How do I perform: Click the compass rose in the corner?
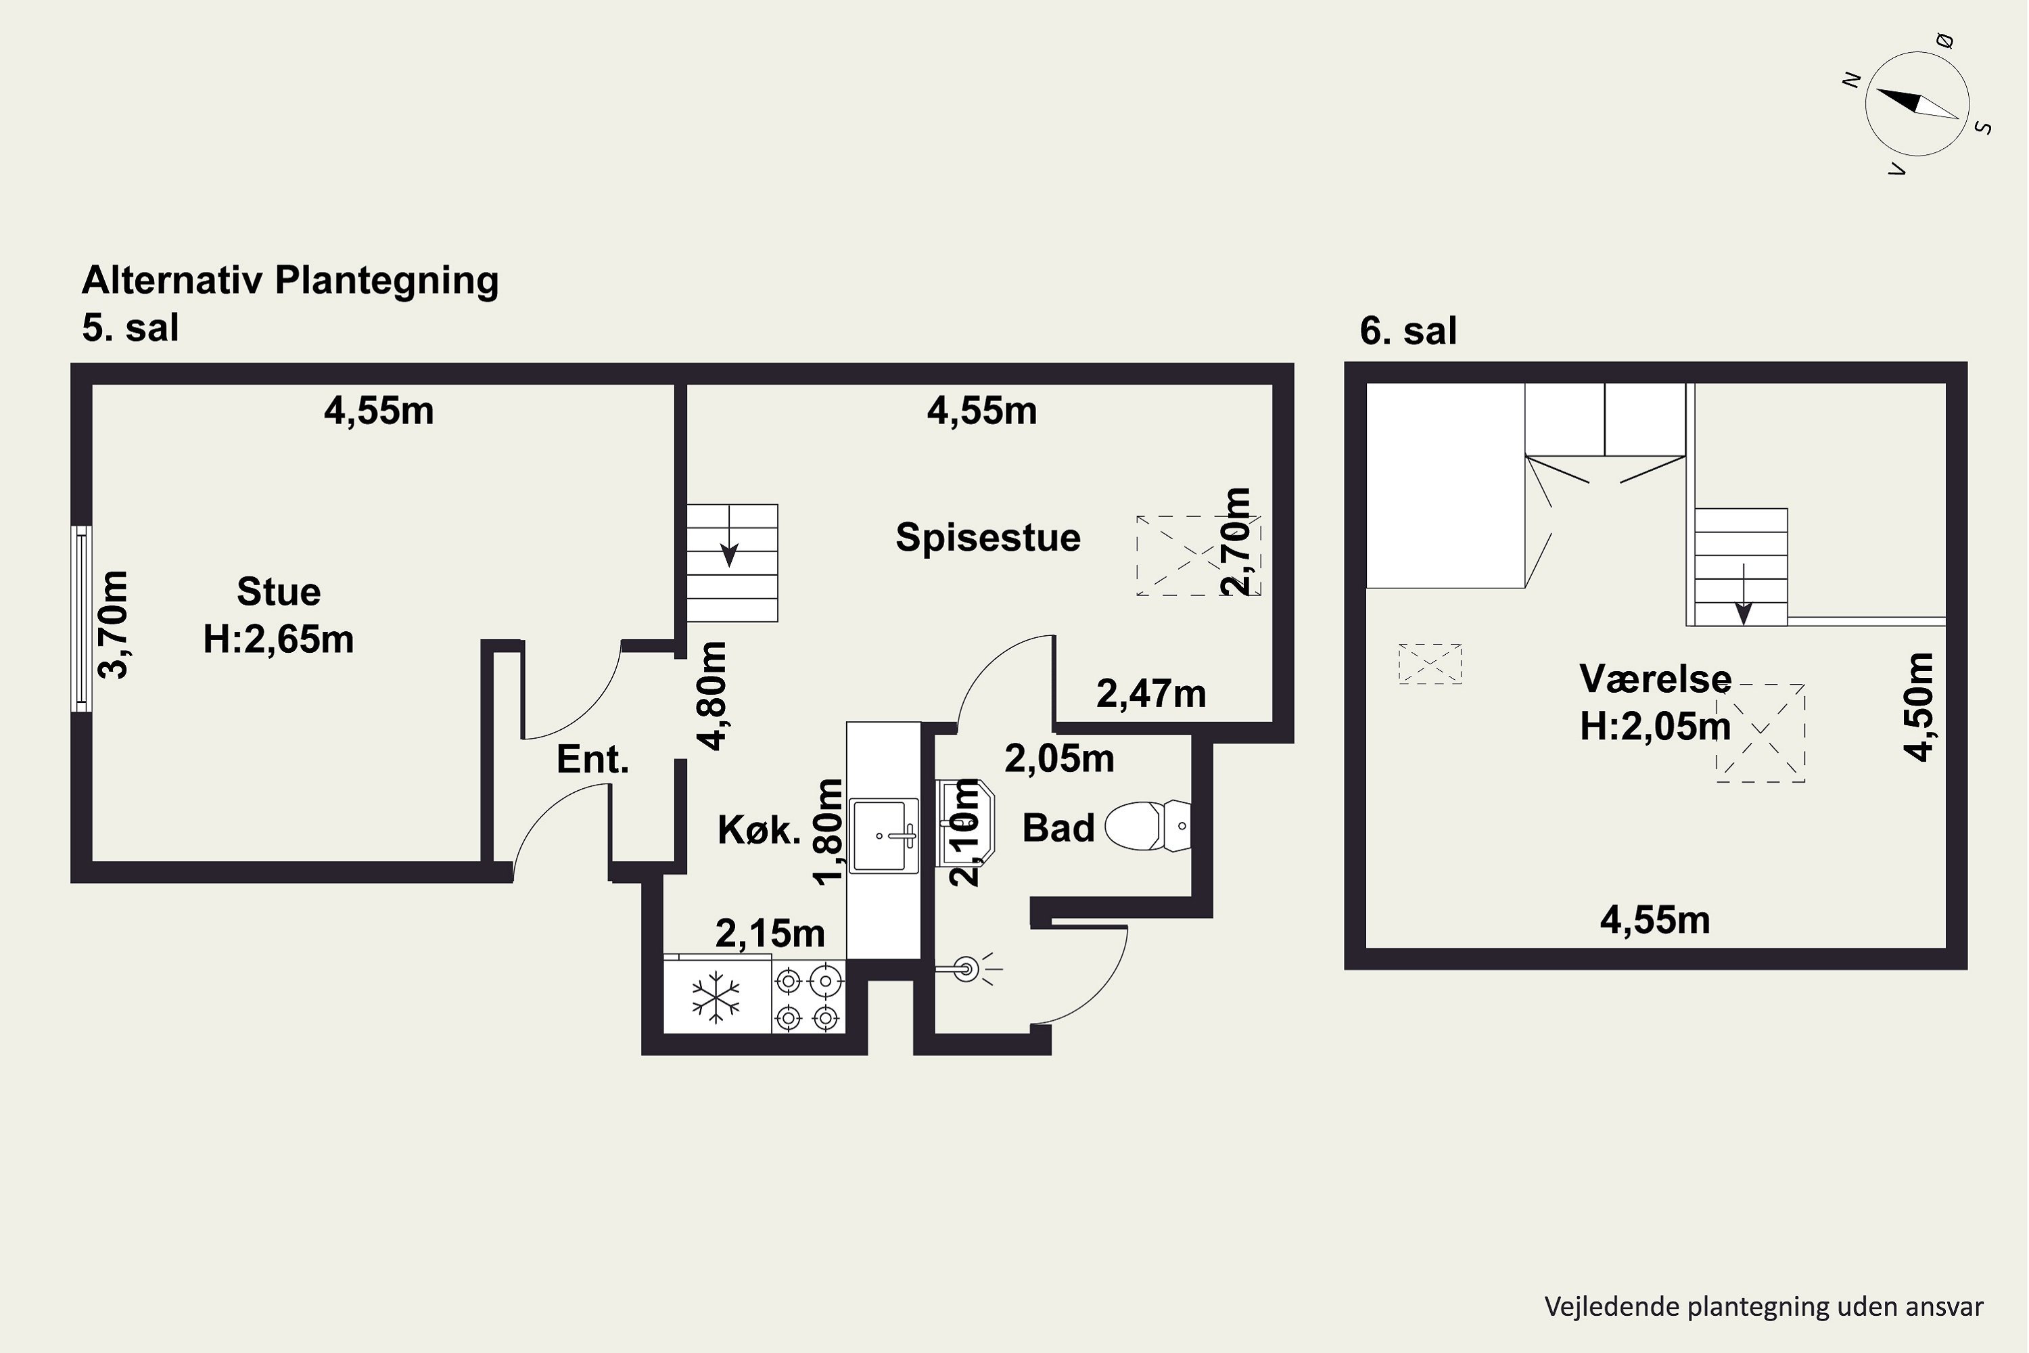[1917, 104]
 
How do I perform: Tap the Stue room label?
[279, 592]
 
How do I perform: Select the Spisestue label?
[987, 538]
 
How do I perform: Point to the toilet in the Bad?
[1147, 826]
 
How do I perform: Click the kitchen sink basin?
[883, 835]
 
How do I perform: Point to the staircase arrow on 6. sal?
[1744, 595]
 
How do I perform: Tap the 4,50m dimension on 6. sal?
[1919, 707]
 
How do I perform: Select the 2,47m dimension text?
[1151, 694]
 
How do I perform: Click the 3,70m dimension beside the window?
[113, 624]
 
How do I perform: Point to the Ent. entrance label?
[592, 759]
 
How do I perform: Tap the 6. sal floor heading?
[1408, 331]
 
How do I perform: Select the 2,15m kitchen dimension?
[770, 934]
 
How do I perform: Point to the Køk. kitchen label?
[759, 830]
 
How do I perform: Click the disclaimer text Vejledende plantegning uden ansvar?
[1764, 1306]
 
